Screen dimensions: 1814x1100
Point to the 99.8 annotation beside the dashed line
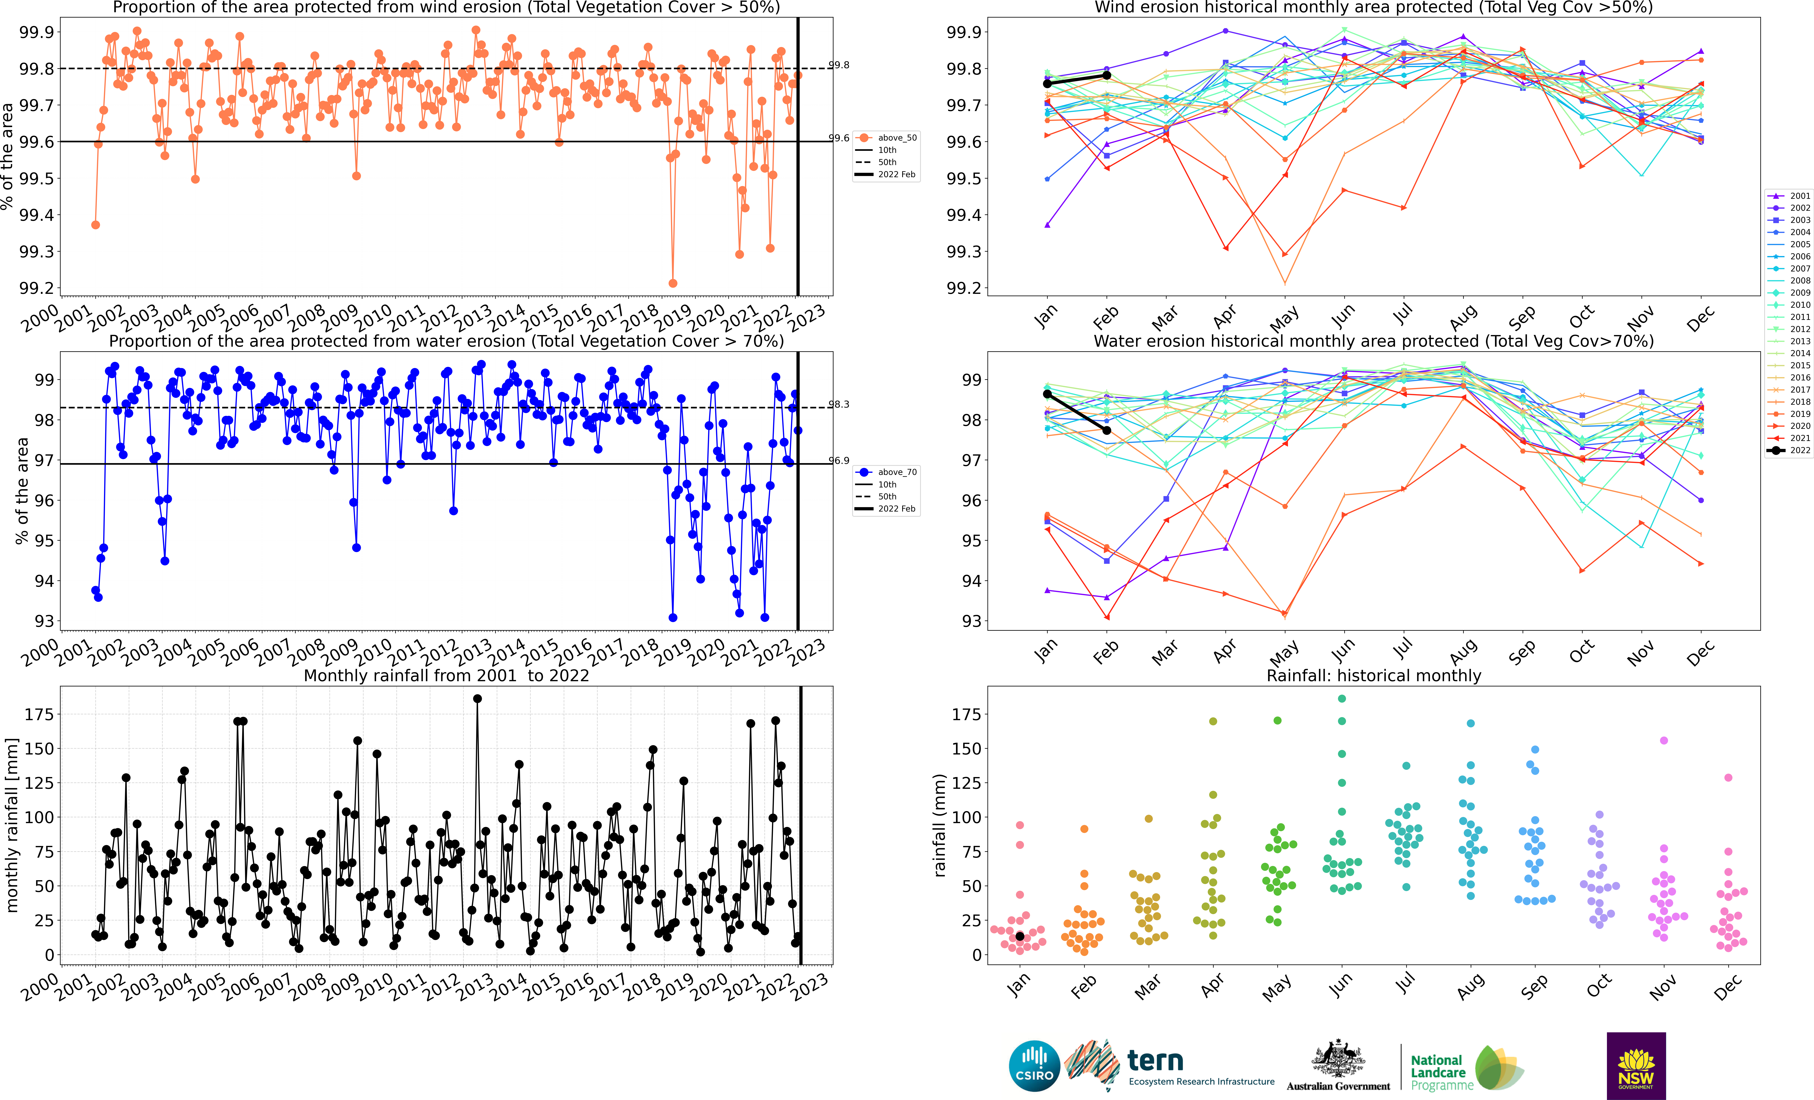click(x=838, y=65)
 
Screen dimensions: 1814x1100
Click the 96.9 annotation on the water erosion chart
click(x=838, y=461)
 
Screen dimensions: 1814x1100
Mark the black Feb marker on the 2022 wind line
click(x=1107, y=75)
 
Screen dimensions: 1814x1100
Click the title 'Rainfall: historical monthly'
click(x=1374, y=675)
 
